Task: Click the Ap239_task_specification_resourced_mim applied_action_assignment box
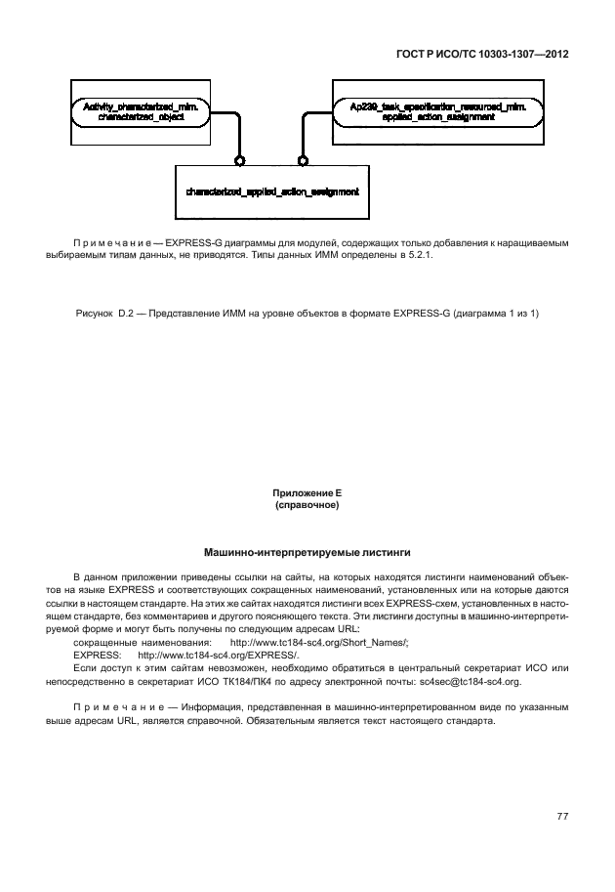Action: (423, 110)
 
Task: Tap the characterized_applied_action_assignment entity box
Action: (272, 191)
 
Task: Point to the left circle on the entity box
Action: (240, 160)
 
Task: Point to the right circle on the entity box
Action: (303, 160)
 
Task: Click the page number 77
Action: (562, 817)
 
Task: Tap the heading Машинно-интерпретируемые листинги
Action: (307, 552)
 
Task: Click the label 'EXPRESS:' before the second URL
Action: (98, 656)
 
